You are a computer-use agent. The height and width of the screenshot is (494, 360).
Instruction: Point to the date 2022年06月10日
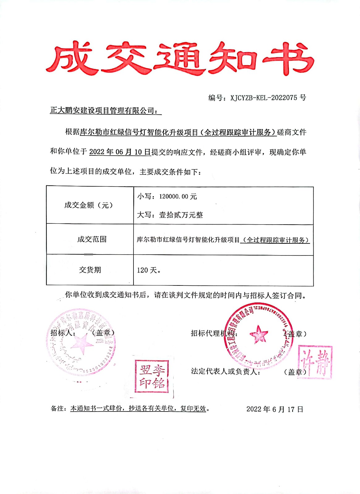tap(120, 152)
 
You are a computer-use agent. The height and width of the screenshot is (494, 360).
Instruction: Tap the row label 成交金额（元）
tap(88, 205)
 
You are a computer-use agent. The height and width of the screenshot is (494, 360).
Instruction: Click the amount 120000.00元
tap(178, 196)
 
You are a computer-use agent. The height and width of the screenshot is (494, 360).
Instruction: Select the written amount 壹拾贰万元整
tap(181, 215)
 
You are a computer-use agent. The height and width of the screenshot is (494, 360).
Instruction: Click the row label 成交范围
tap(92, 239)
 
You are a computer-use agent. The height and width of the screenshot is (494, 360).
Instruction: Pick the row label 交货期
tap(90, 270)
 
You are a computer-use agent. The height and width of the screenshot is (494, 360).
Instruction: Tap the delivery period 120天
tap(148, 270)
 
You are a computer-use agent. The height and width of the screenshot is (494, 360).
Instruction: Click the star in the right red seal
tap(259, 335)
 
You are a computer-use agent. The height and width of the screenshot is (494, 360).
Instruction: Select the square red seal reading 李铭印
tap(152, 376)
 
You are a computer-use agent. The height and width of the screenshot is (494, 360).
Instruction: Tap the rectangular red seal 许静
tap(315, 362)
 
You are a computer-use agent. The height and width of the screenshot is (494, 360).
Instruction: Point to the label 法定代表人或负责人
tap(225, 371)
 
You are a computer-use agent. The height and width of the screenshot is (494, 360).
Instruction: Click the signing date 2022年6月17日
tap(274, 409)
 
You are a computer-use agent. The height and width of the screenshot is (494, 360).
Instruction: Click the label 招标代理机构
tap(213, 333)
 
